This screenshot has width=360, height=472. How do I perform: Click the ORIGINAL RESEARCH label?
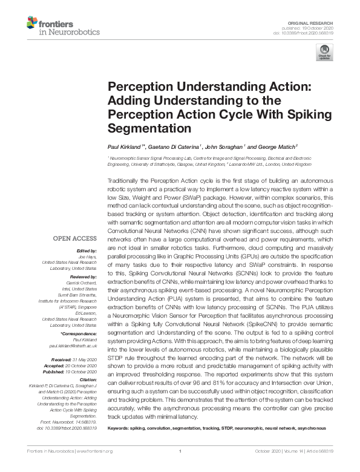311,21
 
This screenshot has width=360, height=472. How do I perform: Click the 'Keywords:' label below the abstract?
119,428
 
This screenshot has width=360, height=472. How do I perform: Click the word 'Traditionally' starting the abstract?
123,181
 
